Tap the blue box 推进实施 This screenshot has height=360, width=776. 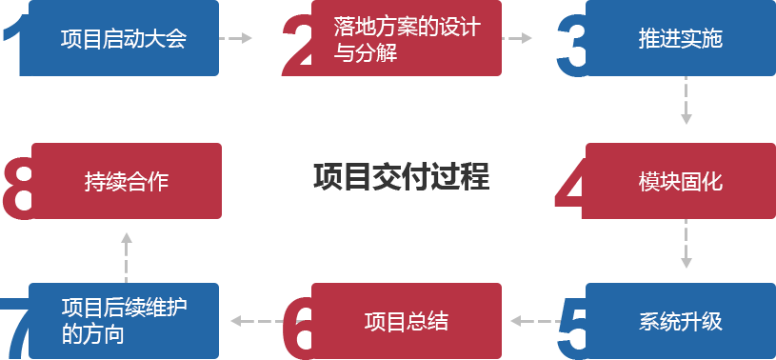(680, 39)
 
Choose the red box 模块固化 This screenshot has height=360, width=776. (680, 181)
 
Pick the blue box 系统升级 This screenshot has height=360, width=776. (680, 321)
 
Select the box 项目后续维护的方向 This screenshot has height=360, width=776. (124, 321)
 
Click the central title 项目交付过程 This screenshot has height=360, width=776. (401, 177)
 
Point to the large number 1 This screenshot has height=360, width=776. (11, 48)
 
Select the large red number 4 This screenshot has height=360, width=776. (568, 190)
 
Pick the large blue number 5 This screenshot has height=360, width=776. (569, 329)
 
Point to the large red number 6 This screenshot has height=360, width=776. (297, 329)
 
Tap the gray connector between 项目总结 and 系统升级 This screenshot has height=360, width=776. (534, 321)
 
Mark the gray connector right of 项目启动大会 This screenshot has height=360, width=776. (237, 38)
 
